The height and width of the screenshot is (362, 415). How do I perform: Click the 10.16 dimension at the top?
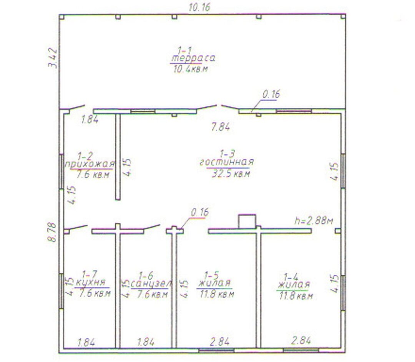coord(199,7)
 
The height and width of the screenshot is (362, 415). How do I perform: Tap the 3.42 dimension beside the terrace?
coord(53,58)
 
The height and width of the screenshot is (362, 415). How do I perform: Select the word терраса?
coord(193,58)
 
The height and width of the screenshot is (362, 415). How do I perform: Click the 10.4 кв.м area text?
coord(191,69)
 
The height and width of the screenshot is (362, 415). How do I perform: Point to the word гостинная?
coord(227,162)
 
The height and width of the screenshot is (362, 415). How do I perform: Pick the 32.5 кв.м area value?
coord(231,174)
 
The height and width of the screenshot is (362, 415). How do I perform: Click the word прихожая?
coord(90,164)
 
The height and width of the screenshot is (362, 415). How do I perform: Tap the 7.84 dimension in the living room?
coord(221,127)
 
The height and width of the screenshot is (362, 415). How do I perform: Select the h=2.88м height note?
coord(314,221)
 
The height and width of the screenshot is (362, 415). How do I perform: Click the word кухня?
coord(91,282)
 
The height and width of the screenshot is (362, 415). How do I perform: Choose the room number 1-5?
coord(212,275)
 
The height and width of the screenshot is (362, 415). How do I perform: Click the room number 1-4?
coord(290,277)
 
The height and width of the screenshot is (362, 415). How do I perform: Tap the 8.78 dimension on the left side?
coord(52,232)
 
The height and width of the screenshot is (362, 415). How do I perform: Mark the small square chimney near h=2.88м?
coord(247,221)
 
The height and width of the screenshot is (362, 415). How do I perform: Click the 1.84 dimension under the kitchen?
coord(86,342)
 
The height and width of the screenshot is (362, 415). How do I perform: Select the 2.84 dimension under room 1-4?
coord(301,340)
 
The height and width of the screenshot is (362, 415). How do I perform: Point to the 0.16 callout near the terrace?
coord(271,94)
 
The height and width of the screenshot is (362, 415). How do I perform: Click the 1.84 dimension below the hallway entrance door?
coord(90,120)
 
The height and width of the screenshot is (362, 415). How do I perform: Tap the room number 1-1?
coord(184,50)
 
